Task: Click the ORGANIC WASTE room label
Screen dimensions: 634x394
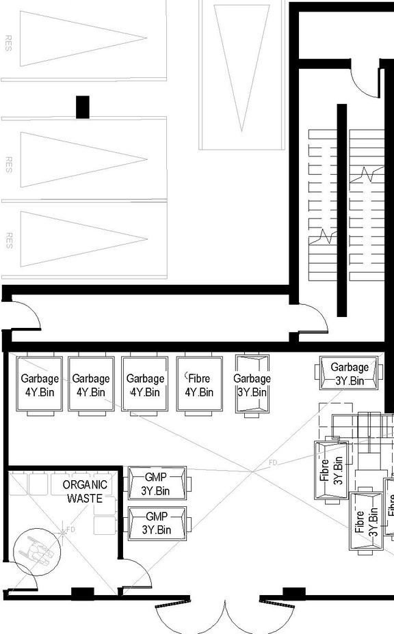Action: (85, 491)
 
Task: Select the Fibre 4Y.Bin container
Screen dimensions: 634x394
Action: (199, 385)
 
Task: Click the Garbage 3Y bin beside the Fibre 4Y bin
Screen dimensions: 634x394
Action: (252, 385)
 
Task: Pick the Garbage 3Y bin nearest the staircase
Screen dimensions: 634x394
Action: (350, 373)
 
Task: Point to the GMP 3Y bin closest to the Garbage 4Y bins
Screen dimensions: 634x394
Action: (157, 483)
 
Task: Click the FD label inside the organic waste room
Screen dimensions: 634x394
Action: (70, 529)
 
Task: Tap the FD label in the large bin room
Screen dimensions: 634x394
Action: (273, 463)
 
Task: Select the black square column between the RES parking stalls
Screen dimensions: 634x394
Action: (83, 107)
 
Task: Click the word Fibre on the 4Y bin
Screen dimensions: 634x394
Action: (199, 378)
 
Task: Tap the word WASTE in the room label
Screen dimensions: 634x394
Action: (85, 499)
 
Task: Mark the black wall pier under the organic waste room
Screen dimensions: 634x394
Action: (82, 593)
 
